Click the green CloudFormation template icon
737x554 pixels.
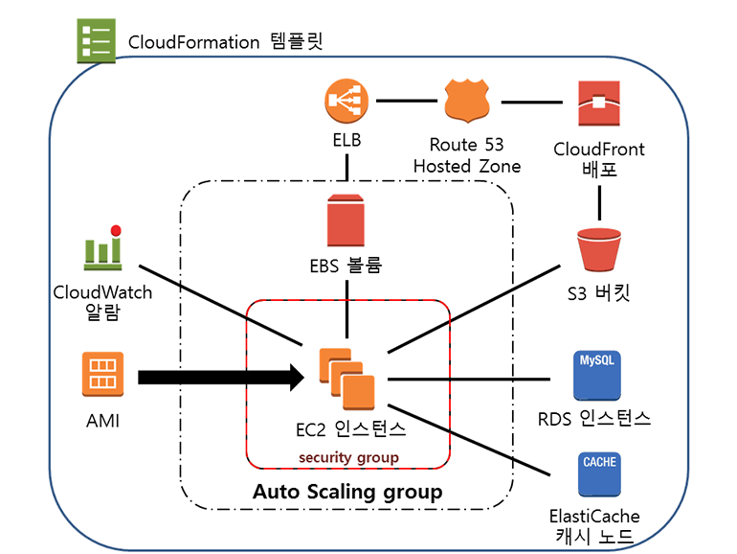point(96,40)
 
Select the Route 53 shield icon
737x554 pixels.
point(468,101)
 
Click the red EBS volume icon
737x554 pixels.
point(346,220)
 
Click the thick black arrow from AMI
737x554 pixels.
point(220,377)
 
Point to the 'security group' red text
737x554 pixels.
point(348,457)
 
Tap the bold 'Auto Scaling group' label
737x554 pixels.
point(347,492)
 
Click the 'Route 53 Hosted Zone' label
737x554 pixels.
point(467,156)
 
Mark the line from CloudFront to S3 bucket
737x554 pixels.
point(599,199)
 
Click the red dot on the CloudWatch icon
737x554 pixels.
point(116,230)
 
